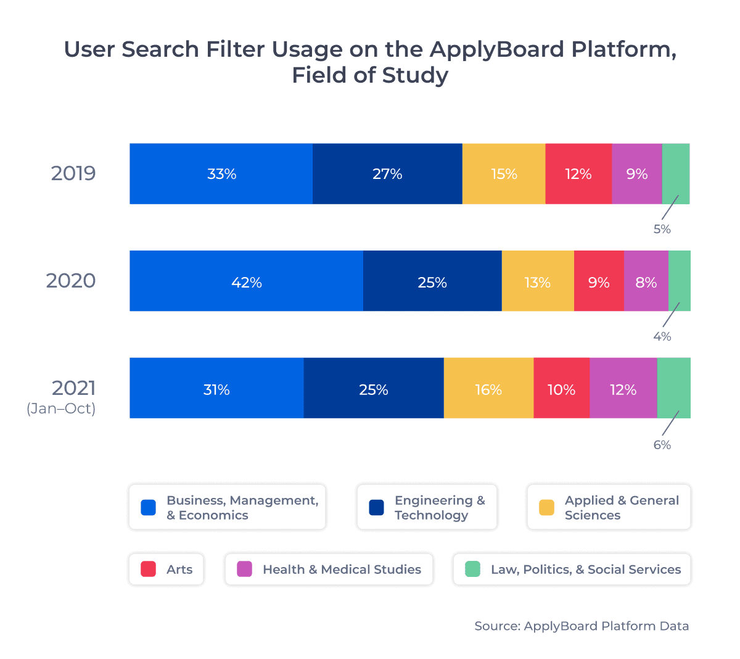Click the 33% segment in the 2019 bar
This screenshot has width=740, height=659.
pyautogui.click(x=221, y=174)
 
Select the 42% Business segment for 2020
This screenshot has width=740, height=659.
pyautogui.click(x=246, y=282)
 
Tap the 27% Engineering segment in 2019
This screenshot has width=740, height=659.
pyautogui.click(x=387, y=174)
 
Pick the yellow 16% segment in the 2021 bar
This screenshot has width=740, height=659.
pyautogui.click(x=488, y=389)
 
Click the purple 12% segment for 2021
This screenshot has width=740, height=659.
pyautogui.click(x=623, y=389)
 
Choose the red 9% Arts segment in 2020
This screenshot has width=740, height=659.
pyautogui.click(x=599, y=282)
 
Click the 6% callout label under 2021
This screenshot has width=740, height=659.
pyautogui.click(x=662, y=445)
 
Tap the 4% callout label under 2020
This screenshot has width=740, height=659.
pyautogui.click(x=662, y=337)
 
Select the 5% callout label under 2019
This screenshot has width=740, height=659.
pyautogui.click(x=662, y=229)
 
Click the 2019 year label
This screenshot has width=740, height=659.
pyautogui.click(x=73, y=173)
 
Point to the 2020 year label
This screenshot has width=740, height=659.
pyautogui.click(x=71, y=281)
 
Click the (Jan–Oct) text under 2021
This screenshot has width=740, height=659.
pyautogui.click(x=61, y=409)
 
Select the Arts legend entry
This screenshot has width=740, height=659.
pyautogui.click(x=166, y=569)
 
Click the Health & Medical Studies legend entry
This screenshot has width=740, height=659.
pyautogui.click(x=329, y=569)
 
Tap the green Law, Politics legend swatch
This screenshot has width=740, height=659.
pyautogui.click(x=472, y=569)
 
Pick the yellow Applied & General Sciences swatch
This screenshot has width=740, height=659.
pyautogui.click(x=546, y=507)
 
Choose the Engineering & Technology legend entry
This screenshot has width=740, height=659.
pyautogui.click(x=427, y=507)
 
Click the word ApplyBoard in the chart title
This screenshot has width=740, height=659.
pyautogui.click(x=497, y=49)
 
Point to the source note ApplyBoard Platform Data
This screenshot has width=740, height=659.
pyautogui.click(x=581, y=626)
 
